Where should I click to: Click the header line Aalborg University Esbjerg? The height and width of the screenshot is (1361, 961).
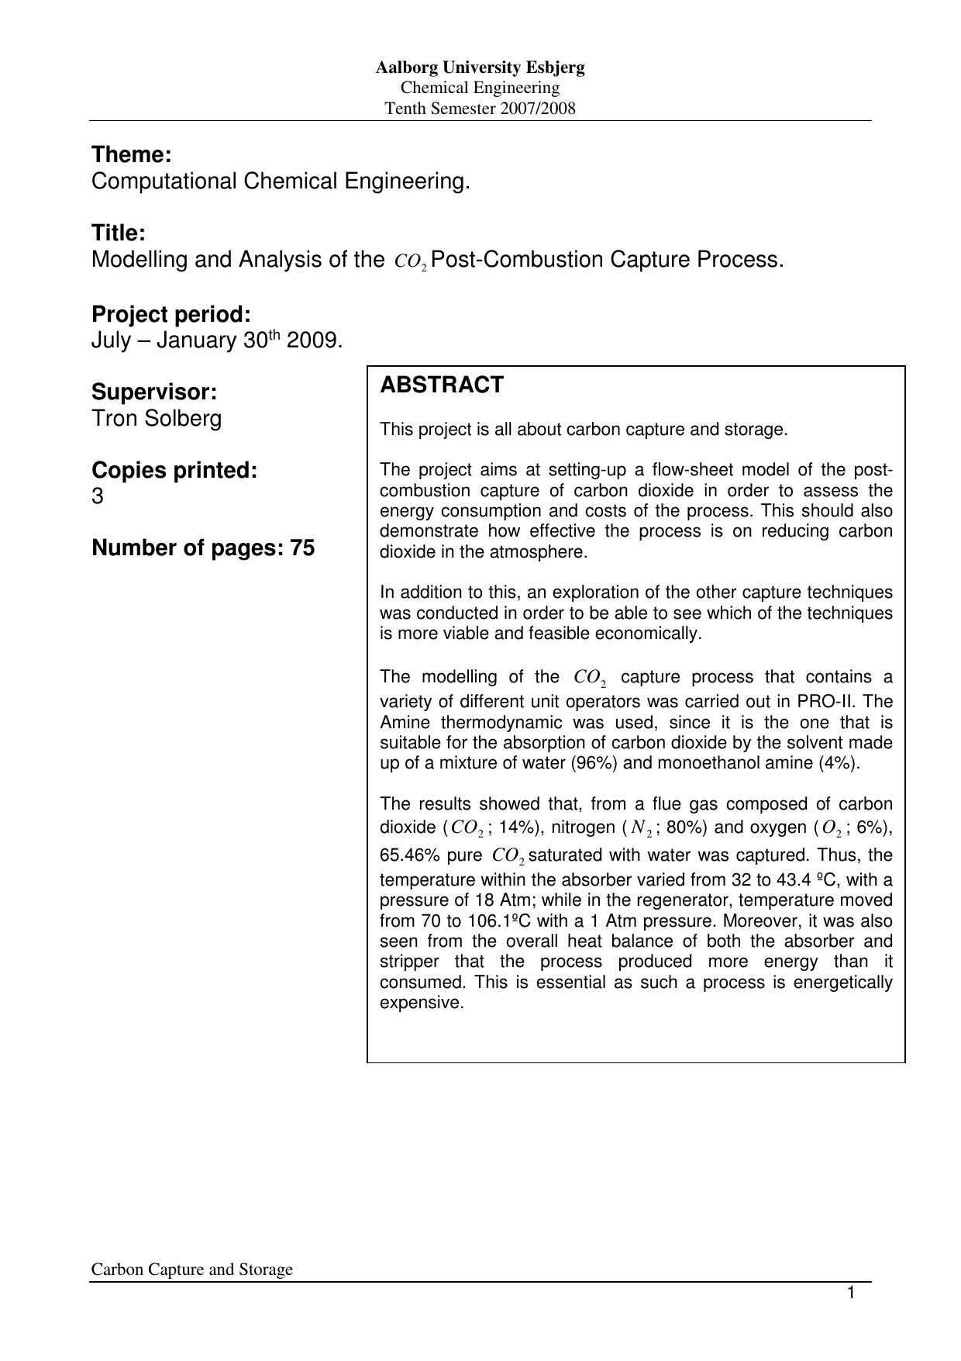pyautogui.click(x=480, y=67)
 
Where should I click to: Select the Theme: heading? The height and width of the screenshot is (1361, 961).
pyautogui.click(x=131, y=155)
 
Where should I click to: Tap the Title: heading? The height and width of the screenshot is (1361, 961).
pyautogui.click(x=118, y=233)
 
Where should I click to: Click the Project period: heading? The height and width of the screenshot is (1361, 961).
pyautogui.click(x=170, y=314)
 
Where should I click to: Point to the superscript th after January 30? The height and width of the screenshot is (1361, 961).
pyautogui.click(x=274, y=336)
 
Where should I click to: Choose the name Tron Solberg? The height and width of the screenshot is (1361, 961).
pyautogui.click(x=157, y=419)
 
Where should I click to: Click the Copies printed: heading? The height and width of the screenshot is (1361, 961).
pyautogui.click(x=174, y=471)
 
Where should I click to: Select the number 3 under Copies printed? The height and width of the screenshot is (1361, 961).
pyautogui.click(x=97, y=496)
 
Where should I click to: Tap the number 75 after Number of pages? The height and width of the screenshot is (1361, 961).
pyautogui.click(x=302, y=548)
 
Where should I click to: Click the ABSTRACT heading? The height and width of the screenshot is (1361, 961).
pyautogui.click(x=442, y=385)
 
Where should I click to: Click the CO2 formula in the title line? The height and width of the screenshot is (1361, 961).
pyautogui.click(x=411, y=261)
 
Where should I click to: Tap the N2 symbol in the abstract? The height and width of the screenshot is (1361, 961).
pyautogui.click(x=641, y=828)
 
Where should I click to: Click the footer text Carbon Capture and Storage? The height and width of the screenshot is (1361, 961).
pyautogui.click(x=192, y=1269)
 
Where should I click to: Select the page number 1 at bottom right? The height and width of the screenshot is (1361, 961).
pyautogui.click(x=850, y=1293)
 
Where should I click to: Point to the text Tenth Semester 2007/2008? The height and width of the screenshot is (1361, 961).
pyautogui.click(x=480, y=109)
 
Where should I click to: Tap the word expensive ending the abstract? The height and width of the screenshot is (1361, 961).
pyautogui.click(x=419, y=1003)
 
